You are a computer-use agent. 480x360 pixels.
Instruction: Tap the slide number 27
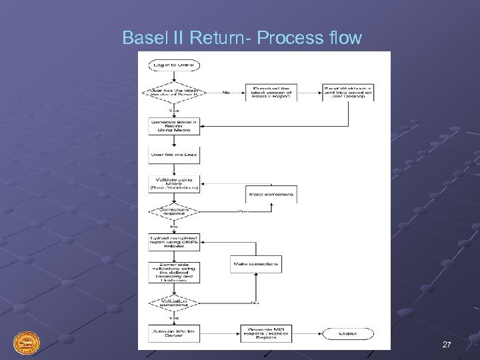[446, 344]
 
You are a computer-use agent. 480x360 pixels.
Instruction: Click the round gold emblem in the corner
[27, 344]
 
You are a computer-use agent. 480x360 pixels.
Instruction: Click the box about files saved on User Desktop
[349, 92]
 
